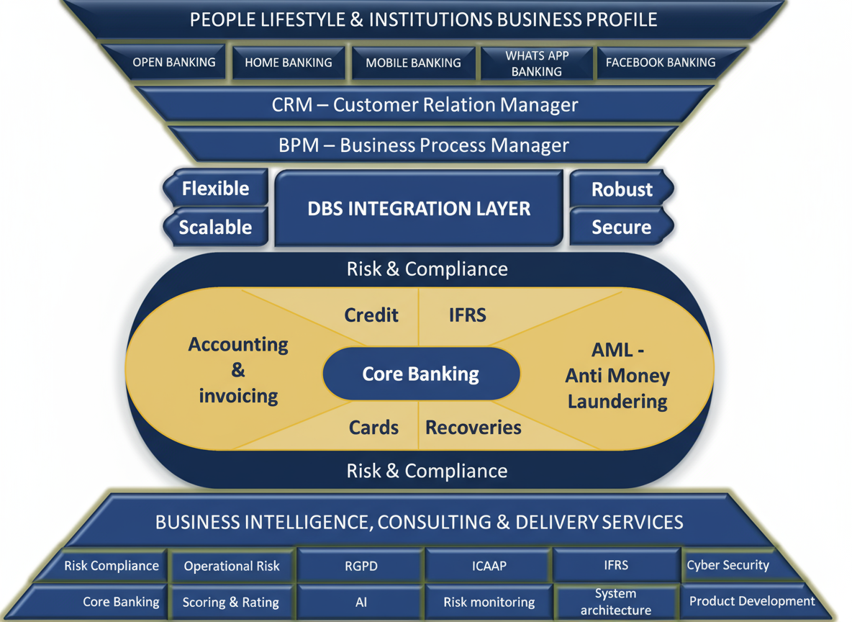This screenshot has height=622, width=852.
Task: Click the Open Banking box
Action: pyautogui.click(x=173, y=63)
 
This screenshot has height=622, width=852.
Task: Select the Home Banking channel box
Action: pyautogui.click(x=289, y=63)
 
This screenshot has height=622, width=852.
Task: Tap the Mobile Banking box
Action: pyautogui.click(x=413, y=63)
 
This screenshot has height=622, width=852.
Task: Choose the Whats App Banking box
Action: pyautogui.click(x=536, y=63)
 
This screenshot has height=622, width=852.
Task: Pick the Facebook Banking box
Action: pyautogui.click(x=661, y=63)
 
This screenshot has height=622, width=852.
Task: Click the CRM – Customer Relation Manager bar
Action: pyautogui.click(x=425, y=105)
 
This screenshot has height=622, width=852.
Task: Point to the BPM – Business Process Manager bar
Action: pyautogui.click(x=424, y=145)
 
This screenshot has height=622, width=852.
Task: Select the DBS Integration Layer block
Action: pyautogui.click(x=419, y=209)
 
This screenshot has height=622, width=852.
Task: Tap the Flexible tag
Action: pyautogui.click(x=215, y=189)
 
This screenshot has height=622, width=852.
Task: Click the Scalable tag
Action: pyautogui.click(x=215, y=227)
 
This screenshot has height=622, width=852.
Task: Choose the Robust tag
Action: pyautogui.click(x=622, y=189)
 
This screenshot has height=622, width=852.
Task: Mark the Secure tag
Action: pyautogui.click(x=621, y=227)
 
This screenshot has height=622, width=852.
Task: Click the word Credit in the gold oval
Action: pyautogui.click(x=371, y=315)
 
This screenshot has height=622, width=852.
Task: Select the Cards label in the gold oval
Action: pyautogui.click(x=373, y=428)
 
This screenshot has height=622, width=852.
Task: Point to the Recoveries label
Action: pyautogui.click(x=473, y=428)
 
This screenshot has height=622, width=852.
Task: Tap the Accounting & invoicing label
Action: pyautogui.click(x=238, y=370)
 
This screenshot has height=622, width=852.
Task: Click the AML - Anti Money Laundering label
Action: pyautogui.click(x=617, y=376)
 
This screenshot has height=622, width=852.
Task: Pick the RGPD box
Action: pyautogui.click(x=361, y=566)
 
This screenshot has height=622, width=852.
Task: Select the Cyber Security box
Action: pyautogui.click(x=728, y=565)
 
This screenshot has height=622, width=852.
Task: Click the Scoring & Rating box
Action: pyautogui.click(x=230, y=603)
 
